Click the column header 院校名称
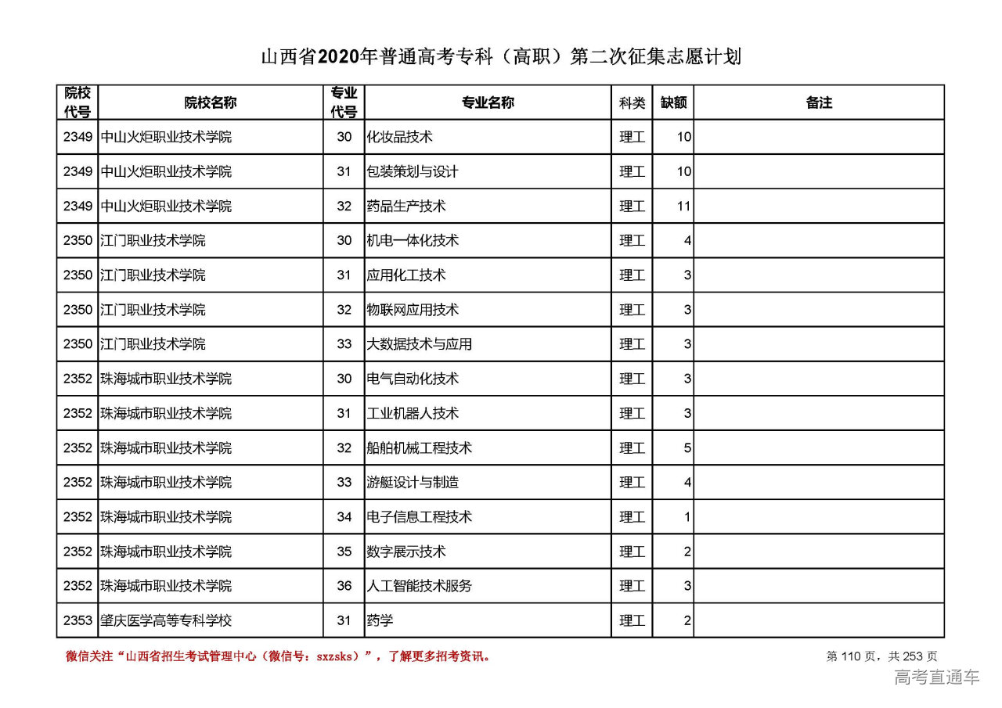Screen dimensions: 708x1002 (211, 102)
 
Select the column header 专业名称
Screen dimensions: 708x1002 (487, 102)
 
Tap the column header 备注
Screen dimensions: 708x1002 (819, 102)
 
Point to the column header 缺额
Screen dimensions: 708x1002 (673, 102)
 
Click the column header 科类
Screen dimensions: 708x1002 (632, 102)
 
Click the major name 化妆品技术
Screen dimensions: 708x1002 (399, 137)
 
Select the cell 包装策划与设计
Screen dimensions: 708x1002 (413, 171)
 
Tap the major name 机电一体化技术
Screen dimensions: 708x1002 (413, 240)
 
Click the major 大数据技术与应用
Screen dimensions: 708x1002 (419, 344)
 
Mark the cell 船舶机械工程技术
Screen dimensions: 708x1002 (419, 447)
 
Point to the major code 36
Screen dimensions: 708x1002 (344, 586)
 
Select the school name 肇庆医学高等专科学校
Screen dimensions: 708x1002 (166, 620)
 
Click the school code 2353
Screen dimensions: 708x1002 (77, 620)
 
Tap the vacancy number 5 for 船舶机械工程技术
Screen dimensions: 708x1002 (687, 447)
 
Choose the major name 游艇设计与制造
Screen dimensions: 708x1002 (413, 482)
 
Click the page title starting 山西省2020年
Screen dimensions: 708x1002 (500, 57)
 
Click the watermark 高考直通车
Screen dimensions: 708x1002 (936, 677)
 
